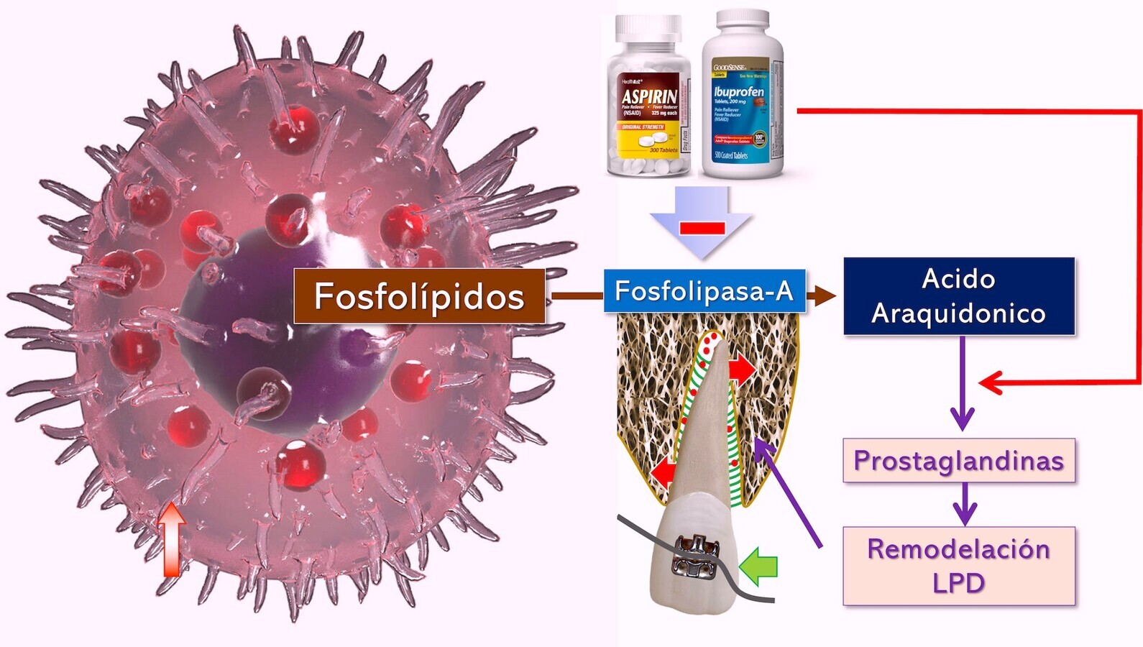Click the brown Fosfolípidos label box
point(419,296)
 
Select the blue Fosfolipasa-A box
point(704,291)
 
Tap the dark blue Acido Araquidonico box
point(958,296)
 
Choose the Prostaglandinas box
point(958,460)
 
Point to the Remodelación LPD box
point(958,566)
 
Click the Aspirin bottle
point(649,101)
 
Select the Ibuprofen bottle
point(741,97)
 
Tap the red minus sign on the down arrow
point(702,228)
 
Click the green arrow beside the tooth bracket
point(759,564)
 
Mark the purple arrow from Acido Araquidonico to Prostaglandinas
point(962,385)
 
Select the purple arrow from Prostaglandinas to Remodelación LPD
point(963,503)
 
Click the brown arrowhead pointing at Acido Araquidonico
point(824,295)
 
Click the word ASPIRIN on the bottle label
point(649,96)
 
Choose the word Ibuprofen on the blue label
point(738,92)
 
